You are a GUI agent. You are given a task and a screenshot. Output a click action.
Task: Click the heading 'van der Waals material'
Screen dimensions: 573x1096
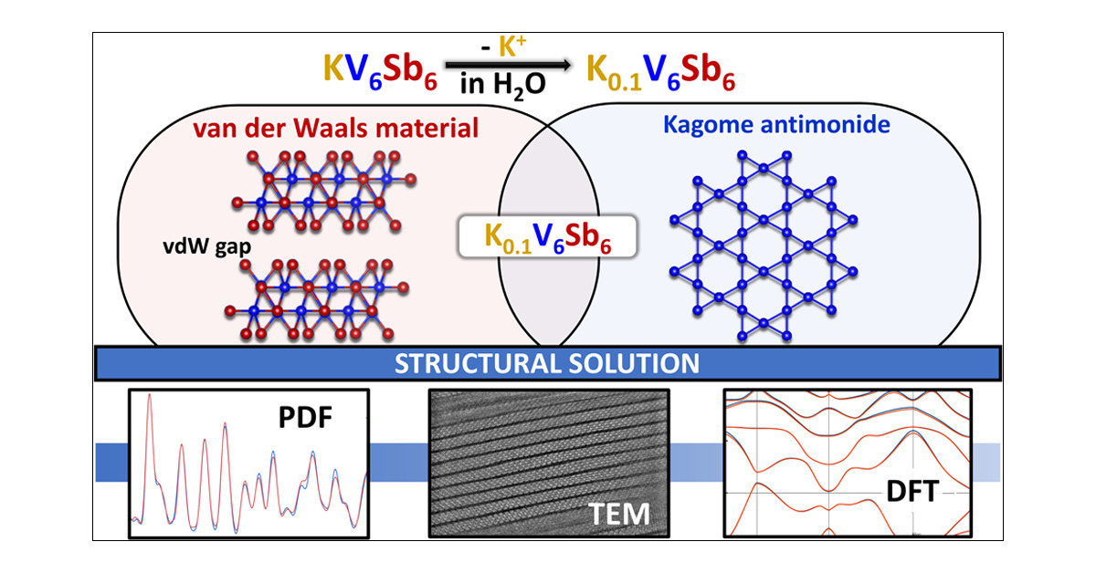[335, 129]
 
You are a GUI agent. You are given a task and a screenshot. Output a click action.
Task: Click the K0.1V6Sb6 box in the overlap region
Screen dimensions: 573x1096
[547, 237]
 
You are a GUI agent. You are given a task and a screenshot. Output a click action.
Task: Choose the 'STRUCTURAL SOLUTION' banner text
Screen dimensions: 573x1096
[547, 363]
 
